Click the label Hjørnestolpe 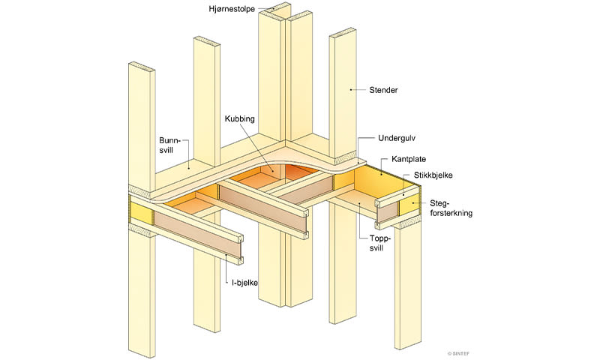pos(232,9)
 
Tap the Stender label pos(383,90)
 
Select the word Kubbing pos(239,118)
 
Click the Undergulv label pos(397,138)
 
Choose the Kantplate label pos(409,159)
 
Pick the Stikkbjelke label pos(433,175)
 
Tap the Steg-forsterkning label pos(451,208)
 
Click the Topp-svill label pos(380,243)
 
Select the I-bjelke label pos(244,283)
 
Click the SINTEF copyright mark pos(458,354)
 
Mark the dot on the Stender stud pos(350,89)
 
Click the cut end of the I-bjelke pos(241,250)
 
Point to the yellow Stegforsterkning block pos(409,202)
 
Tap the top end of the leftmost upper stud pos(142,66)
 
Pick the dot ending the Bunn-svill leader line pos(188,167)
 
